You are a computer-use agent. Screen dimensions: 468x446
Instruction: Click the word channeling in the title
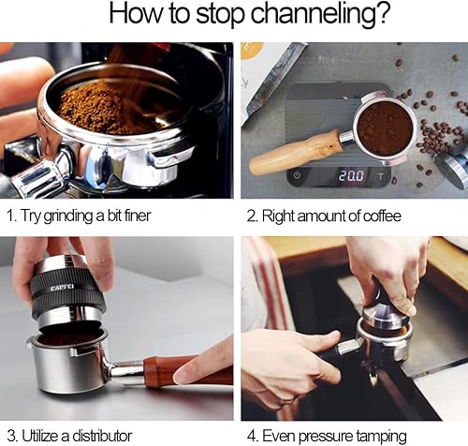pyautogui.click(x=320, y=14)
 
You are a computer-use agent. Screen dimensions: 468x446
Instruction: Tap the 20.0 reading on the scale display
pyautogui.click(x=351, y=176)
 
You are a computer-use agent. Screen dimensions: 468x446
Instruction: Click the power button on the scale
pyautogui.click(x=298, y=175)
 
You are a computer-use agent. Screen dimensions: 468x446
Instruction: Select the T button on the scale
pyautogui.click(x=380, y=176)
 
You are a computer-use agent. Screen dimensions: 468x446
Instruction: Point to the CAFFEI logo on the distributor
pyautogui.click(x=63, y=288)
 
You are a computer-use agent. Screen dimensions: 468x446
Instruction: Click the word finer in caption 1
pyautogui.click(x=138, y=216)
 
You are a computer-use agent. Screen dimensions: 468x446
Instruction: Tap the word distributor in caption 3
pyautogui.click(x=102, y=436)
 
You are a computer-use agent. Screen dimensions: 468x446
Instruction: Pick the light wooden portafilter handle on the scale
pyautogui.click(x=295, y=152)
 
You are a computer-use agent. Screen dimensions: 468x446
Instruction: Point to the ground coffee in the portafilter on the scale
pyautogui.click(x=385, y=129)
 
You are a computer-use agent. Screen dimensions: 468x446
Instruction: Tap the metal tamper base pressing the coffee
pyautogui.click(x=386, y=318)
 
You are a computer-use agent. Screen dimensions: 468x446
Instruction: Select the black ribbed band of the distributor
pyautogui.click(x=67, y=293)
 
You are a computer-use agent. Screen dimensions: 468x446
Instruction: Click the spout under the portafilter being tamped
pyautogui.click(x=373, y=373)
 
